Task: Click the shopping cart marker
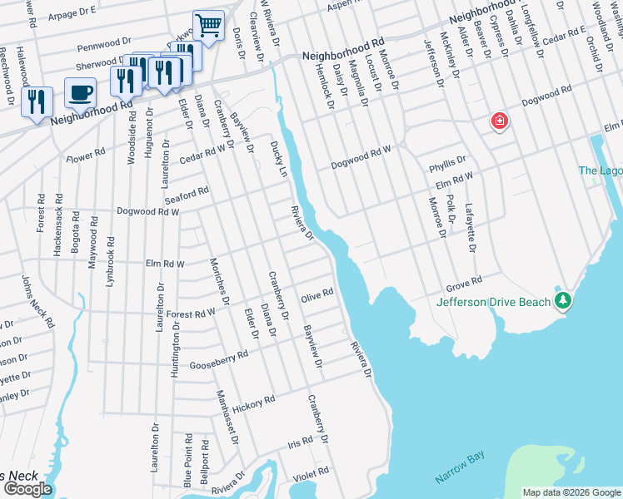208,25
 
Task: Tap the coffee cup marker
80,92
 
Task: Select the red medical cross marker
500,122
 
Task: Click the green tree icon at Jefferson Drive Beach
564,299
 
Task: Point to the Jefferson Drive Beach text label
493,302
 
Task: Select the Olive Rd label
316,294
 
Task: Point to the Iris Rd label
299,446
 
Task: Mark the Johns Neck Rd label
37,301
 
